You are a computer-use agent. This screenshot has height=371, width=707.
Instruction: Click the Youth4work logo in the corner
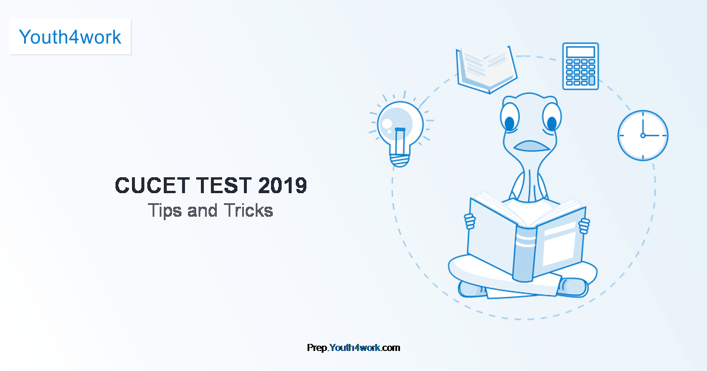70,37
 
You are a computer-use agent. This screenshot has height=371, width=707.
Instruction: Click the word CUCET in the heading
152,185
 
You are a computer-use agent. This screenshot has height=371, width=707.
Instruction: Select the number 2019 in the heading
282,185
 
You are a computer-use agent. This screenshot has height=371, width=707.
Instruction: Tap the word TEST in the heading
224,185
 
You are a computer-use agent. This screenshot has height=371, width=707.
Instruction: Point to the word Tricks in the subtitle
249,210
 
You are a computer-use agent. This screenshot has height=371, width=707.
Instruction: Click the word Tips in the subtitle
165,211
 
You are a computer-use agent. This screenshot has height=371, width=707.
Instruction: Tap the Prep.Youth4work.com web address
353,347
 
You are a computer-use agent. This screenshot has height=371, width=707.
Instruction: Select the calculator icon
580,66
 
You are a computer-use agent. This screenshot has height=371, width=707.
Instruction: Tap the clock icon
643,135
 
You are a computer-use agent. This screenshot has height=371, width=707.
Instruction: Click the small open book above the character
487,70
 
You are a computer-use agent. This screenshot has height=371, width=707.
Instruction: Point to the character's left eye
510,117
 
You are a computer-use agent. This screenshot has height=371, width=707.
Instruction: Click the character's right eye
551,117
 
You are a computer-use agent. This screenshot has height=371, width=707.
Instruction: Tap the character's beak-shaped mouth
531,146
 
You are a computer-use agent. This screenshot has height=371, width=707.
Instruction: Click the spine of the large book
524,254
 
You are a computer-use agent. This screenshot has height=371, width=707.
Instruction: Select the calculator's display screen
580,52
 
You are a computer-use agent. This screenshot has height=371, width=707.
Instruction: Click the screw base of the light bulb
400,160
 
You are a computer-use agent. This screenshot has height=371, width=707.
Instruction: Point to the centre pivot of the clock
643,135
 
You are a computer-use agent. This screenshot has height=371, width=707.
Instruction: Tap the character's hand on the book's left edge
470,221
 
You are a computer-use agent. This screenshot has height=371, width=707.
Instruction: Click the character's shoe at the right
573,287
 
